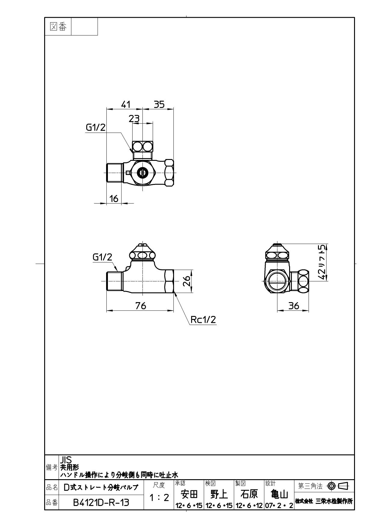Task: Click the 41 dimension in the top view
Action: (x=126, y=104)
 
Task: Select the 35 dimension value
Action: (x=159, y=104)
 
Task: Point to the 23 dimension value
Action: (x=134, y=119)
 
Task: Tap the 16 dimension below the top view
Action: (x=114, y=198)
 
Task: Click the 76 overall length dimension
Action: (x=140, y=306)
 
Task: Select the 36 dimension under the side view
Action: (x=294, y=306)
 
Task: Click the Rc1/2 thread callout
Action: (x=203, y=320)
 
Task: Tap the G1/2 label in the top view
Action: (x=96, y=127)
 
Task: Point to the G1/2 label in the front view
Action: (x=102, y=257)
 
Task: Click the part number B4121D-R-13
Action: (x=101, y=502)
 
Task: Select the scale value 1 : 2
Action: (x=159, y=498)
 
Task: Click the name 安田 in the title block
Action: (x=188, y=494)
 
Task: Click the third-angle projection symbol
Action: (x=338, y=486)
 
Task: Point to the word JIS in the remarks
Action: (x=66, y=460)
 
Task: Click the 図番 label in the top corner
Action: (x=58, y=27)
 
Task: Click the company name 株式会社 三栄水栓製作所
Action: (x=324, y=501)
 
